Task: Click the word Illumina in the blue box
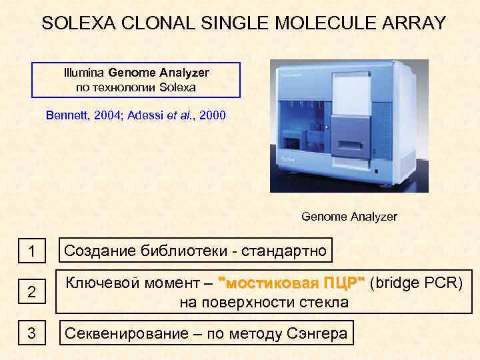[x=84, y=72]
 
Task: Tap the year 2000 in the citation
[x=213, y=115]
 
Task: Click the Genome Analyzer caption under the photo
[x=349, y=217]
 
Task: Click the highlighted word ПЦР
[x=344, y=282]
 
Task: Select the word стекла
[x=323, y=302]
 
